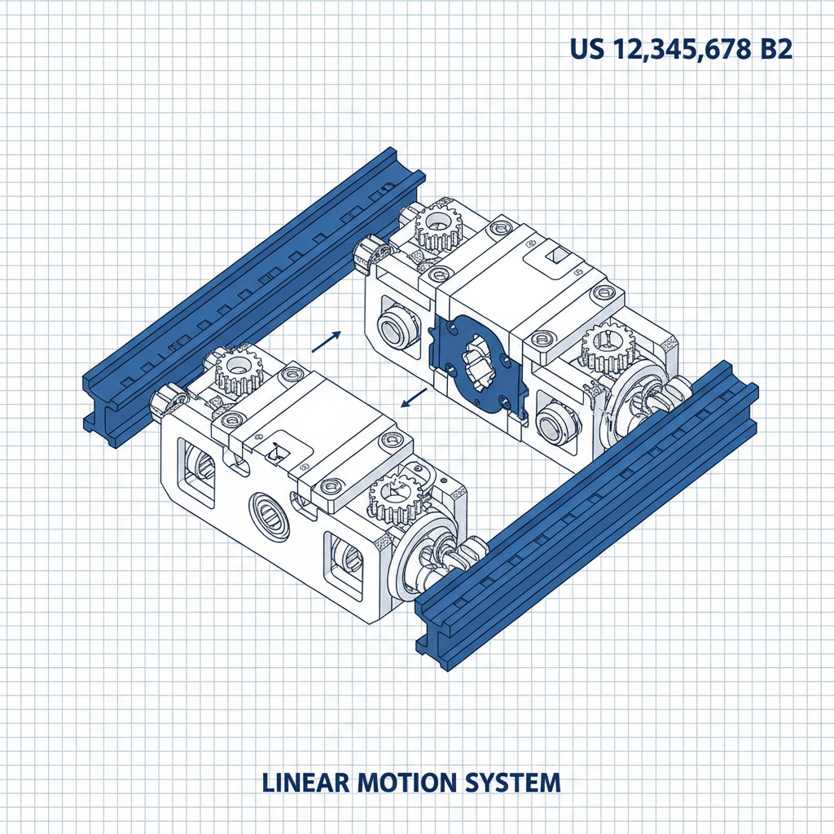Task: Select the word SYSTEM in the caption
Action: (x=511, y=783)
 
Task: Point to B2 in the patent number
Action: (x=773, y=49)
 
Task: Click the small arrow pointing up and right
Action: (x=326, y=340)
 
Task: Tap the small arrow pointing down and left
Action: (x=415, y=398)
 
